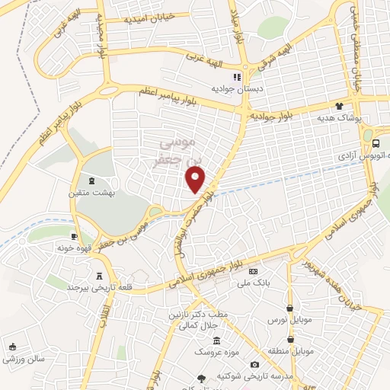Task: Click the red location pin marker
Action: click(x=196, y=179)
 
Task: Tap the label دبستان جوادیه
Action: click(x=237, y=88)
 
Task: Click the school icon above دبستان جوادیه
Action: click(x=237, y=77)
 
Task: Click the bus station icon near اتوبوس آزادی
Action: click(x=378, y=143)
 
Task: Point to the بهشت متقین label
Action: click(x=93, y=193)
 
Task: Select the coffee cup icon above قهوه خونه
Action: click(x=75, y=236)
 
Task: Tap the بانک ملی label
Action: click(x=253, y=282)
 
